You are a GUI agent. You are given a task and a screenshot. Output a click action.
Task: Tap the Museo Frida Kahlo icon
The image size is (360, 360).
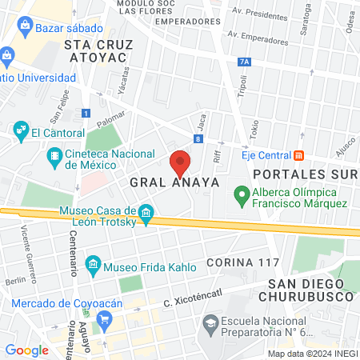pyautogui.click(x=93, y=263)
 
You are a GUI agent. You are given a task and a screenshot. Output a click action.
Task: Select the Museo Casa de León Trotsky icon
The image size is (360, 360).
pyautogui.click(x=146, y=213)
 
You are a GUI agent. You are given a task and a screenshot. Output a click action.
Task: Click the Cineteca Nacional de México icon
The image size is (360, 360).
pyautogui.click(x=54, y=154)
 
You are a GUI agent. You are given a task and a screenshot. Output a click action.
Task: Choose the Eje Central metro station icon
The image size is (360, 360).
pyautogui.click(x=298, y=154)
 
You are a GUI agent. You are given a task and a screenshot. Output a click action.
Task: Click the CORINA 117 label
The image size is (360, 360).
pyautogui.click(x=240, y=262)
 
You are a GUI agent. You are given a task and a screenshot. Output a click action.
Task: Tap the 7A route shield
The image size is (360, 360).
pyautogui.click(x=244, y=61)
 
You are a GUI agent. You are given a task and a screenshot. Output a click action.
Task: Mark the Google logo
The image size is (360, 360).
pyautogui.click(x=26, y=350)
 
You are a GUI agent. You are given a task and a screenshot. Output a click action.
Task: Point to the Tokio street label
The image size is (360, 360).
pyautogui.click(x=254, y=128)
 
